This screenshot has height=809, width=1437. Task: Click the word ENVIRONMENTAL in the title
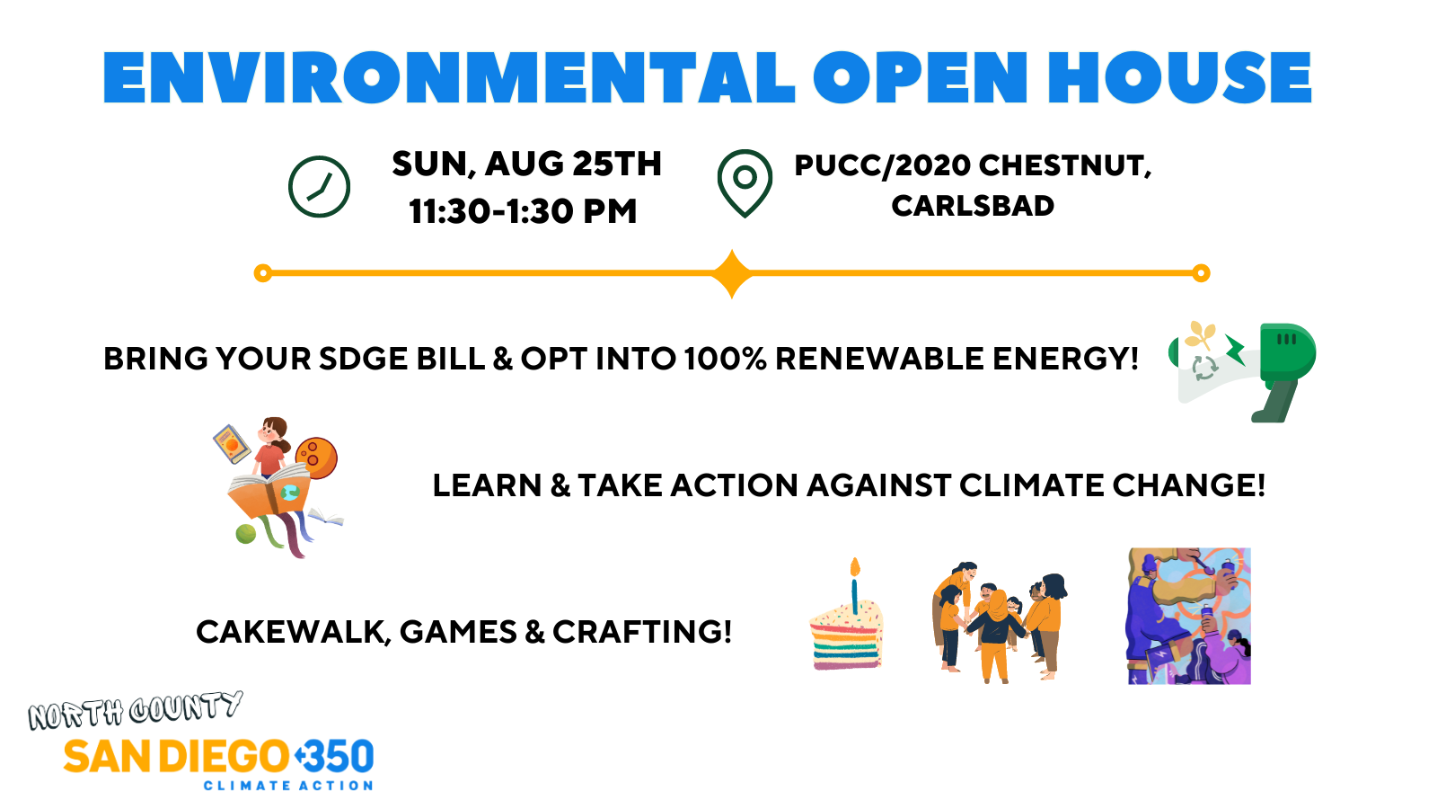click(x=449, y=77)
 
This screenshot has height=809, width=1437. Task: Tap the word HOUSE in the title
click(x=1179, y=77)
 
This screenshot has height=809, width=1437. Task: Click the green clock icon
click(x=319, y=186)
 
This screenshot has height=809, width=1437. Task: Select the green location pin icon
click(x=745, y=183)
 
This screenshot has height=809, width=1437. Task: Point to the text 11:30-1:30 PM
click(x=523, y=211)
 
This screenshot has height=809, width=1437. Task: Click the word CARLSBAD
click(x=973, y=206)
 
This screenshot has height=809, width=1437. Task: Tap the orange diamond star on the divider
click(x=732, y=273)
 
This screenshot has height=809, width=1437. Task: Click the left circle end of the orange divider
click(x=263, y=273)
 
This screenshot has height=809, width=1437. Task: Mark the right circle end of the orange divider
click(x=1201, y=273)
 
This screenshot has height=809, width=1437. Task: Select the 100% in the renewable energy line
click(x=725, y=359)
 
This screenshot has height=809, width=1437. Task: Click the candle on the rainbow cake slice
click(x=854, y=585)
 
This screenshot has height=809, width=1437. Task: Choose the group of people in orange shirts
click(x=999, y=621)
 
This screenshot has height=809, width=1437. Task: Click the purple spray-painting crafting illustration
click(x=1189, y=616)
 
